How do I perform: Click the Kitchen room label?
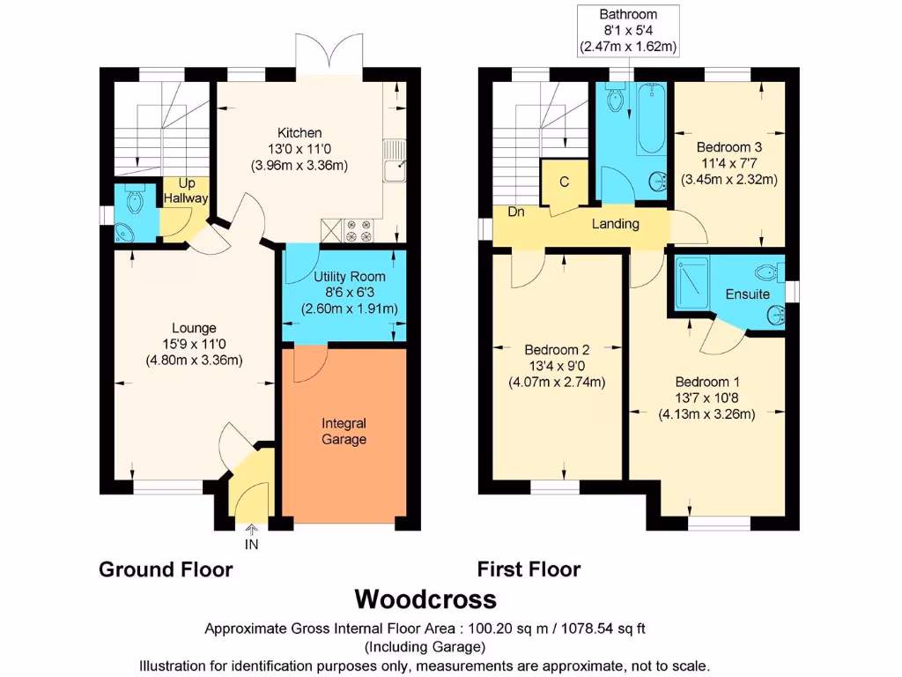(299, 133)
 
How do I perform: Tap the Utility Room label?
(349, 276)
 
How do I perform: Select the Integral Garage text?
(344, 431)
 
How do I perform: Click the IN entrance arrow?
(251, 530)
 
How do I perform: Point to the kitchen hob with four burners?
(358, 230)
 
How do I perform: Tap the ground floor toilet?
(135, 198)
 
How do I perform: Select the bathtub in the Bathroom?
(652, 119)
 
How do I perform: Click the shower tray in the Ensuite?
(692, 283)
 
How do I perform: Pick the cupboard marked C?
(565, 182)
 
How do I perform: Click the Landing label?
(616, 223)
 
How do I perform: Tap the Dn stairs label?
(516, 212)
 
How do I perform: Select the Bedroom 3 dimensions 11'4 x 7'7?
(728, 163)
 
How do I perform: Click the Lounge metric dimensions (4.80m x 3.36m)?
(194, 361)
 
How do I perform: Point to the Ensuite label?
(747, 294)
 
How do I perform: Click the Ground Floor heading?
(166, 569)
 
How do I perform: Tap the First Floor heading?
(529, 569)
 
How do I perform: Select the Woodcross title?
(425, 599)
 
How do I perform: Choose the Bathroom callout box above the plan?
(628, 31)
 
